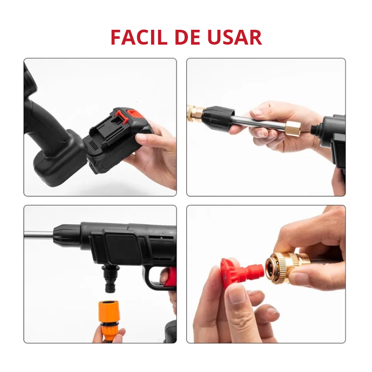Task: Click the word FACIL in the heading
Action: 139,37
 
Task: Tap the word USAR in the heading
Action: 235,37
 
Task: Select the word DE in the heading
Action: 187,37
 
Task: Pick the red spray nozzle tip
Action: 241,273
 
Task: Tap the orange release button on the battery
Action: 134,114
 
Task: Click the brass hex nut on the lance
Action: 292,129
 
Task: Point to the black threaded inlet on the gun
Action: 316,130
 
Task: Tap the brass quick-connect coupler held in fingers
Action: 285,268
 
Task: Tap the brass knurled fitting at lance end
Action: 195,113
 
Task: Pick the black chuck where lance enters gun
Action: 67,236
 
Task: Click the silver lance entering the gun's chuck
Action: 39,235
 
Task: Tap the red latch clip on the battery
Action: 120,117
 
